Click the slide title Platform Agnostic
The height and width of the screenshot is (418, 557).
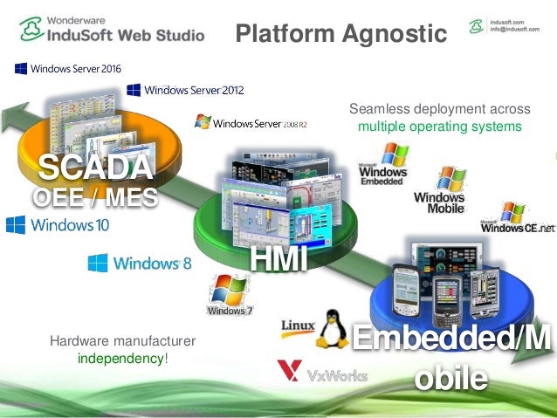point(340,33)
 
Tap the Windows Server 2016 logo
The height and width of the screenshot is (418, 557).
point(67,68)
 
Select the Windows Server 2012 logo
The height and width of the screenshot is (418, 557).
point(185,89)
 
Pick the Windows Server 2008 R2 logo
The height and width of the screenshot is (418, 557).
point(251,123)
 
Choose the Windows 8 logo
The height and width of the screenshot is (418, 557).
point(139,262)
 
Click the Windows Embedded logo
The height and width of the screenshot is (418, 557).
point(383,164)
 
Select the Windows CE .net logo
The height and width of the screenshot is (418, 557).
point(517,218)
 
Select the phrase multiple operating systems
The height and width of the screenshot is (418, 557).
point(439,127)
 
